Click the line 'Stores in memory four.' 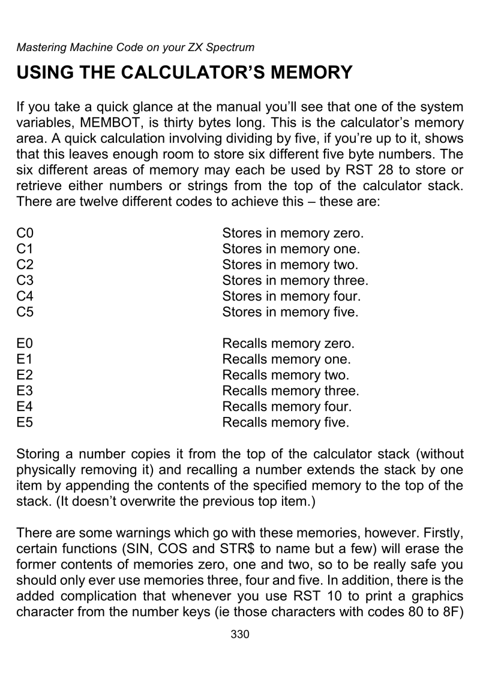pyautogui.click(x=291, y=295)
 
